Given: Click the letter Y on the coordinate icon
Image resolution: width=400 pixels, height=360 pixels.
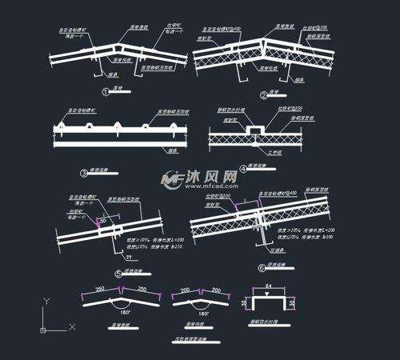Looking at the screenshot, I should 46,301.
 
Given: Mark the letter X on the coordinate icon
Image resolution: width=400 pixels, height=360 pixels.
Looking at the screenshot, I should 72,326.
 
